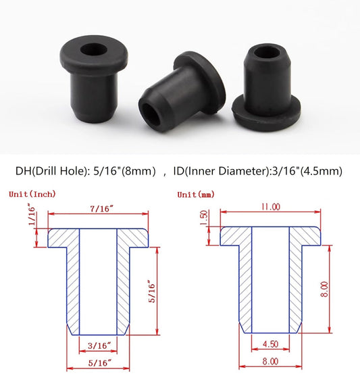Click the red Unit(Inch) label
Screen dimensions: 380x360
(x=32, y=194)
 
